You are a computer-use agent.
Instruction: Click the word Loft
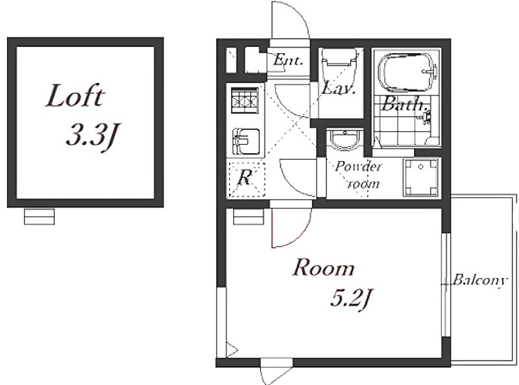point(75,95)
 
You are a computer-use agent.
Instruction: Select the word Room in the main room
point(323,268)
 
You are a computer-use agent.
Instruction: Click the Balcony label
point(479,280)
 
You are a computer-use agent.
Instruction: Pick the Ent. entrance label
point(287,60)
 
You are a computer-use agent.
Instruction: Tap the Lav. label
point(339,88)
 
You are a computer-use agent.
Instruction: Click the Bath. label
point(403,104)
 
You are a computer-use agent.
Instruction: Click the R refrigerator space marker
point(244,178)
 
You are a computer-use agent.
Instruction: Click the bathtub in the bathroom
point(408,72)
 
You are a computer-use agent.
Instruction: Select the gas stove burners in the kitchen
point(245,101)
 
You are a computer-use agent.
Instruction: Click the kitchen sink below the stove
point(246,142)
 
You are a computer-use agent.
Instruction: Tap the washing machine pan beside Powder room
point(420,178)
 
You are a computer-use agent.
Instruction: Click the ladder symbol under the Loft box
point(39,217)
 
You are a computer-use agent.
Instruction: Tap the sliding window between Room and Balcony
point(446,285)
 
